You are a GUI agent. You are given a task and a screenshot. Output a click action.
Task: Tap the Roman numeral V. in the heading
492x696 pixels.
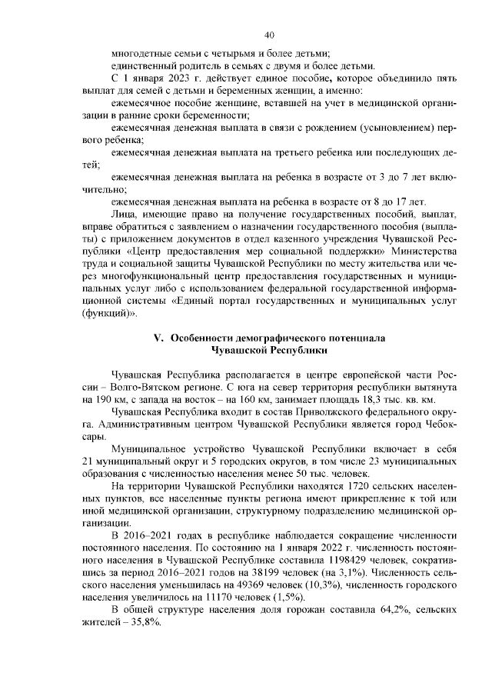pos(161,338)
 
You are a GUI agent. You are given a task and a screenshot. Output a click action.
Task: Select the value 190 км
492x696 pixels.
pos(106,400)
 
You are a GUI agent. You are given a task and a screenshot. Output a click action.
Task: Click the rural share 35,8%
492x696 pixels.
pos(146,624)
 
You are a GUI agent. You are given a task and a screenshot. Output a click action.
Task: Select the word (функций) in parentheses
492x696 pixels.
pos(108,314)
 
